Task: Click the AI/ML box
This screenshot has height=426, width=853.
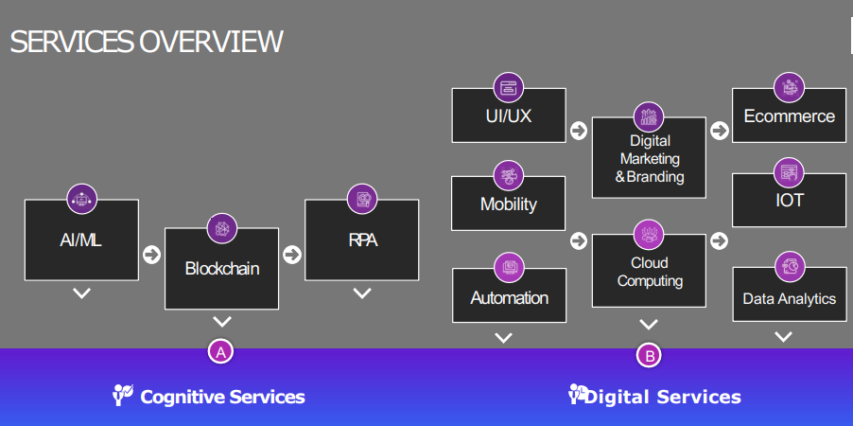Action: tap(81, 240)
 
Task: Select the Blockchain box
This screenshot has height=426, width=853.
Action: tap(221, 269)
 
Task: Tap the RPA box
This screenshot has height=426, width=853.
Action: tap(361, 240)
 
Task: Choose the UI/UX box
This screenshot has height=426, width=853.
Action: tap(508, 116)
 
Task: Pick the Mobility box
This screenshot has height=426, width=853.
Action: tap(508, 204)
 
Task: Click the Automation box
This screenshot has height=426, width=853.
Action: tap(509, 297)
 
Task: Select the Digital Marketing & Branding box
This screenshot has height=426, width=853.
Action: tap(649, 158)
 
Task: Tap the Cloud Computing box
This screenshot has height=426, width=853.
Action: tap(649, 272)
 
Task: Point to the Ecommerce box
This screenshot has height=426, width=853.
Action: tap(789, 116)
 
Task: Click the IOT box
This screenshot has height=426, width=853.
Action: tap(789, 201)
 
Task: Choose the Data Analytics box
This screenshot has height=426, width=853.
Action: tap(789, 298)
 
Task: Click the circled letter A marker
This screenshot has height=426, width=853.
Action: tap(220, 352)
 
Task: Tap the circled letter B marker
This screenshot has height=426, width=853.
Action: tap(649, 356)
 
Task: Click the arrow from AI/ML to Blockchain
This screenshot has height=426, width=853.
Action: tap(151, 254)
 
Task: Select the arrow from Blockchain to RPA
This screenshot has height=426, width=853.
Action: tap(291, 254)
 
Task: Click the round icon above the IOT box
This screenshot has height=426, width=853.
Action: tap(789, 172)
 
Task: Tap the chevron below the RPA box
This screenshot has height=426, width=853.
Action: tap(361, 293)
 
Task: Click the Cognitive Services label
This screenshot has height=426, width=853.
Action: tap(222, 397)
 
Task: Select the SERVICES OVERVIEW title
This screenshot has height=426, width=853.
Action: tap(147, 42)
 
